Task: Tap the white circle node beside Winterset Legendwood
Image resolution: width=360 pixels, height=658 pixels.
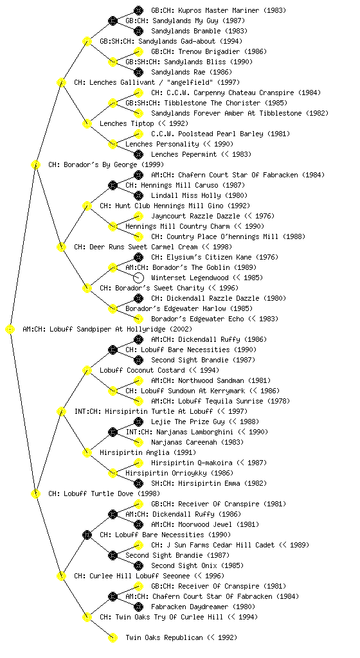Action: [138, 278]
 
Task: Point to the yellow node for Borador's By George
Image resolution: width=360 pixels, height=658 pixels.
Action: [35, 165]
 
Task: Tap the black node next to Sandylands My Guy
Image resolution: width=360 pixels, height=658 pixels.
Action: [113, 21]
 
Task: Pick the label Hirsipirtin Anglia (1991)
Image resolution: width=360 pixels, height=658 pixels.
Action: [148, 453]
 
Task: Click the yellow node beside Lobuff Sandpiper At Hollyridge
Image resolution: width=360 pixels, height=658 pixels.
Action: [10, 330]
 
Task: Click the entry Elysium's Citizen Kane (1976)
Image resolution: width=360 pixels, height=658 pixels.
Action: [215, 257]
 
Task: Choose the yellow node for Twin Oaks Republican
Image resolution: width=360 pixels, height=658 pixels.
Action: [113, 638]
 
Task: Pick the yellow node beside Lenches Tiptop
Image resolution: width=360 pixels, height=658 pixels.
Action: [87, 124]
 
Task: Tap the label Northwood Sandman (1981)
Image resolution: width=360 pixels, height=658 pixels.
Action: [211, 380]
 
